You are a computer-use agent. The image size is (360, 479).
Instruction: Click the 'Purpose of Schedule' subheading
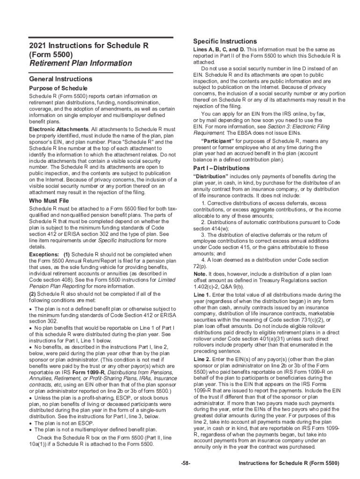(58, 88)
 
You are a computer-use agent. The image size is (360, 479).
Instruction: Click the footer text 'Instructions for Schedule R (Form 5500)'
(288, 463)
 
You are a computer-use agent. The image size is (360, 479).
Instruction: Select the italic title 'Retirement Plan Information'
(80, 63)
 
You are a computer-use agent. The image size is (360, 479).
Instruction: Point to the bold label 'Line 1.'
(202, 295)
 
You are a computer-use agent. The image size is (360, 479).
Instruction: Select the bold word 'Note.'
(200, 273)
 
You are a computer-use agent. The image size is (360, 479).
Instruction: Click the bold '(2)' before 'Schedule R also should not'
(33, 294)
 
